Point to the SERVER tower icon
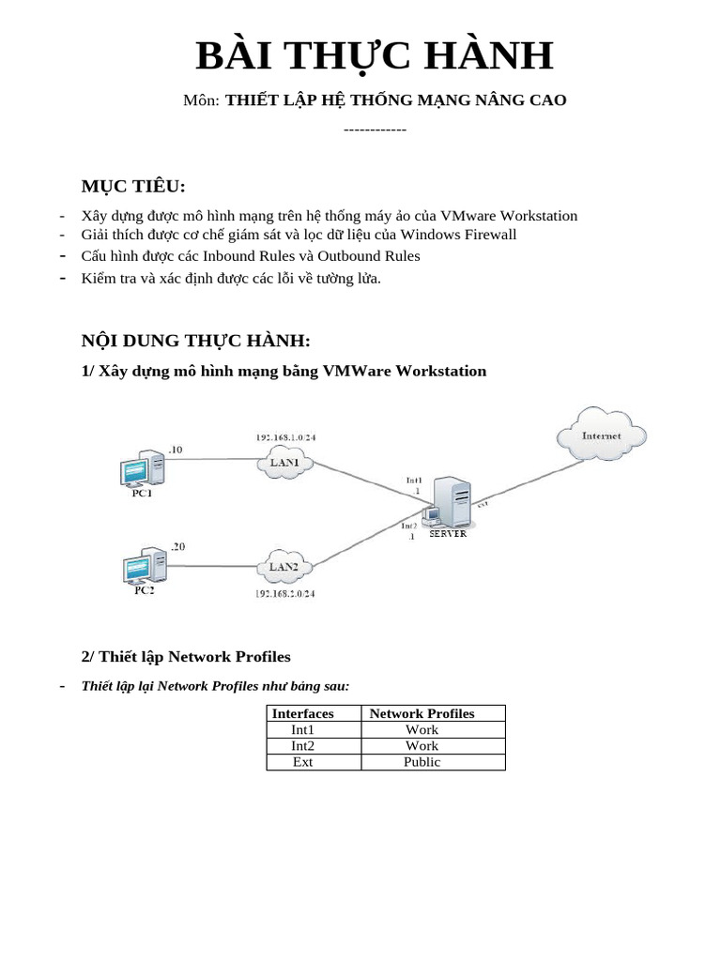pyautogui.click(x=450, y=503)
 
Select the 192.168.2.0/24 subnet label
pyautogui.click(x=285, y=594)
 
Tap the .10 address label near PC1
pyautogui.click(x=176, y=450)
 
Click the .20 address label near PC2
pyautogui.click(x=177, y=546)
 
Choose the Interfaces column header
pyautogui.click(x=302, y=713)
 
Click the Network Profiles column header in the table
pyautogui.click(x=422, y=713)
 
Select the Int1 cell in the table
pyautogui.click(x=302, y=729)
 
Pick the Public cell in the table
pyautogui.click(x=422, y=761)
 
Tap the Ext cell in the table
pyautogui.click(x=302, y=761)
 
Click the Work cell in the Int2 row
pyautogui.click(x=422, y=745)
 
